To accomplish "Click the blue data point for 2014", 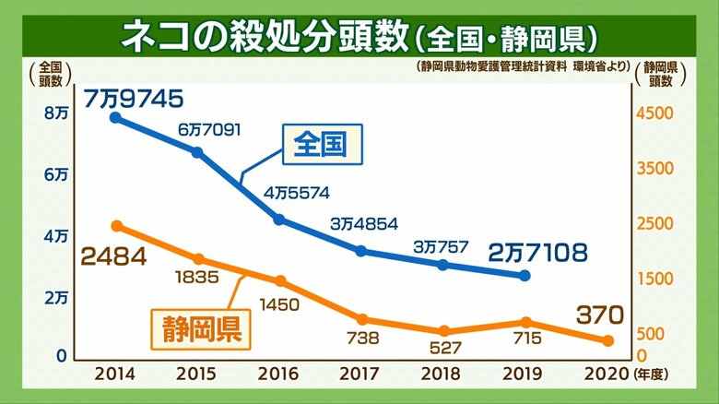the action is [116, 118].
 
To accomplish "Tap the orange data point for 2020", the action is [608, 340].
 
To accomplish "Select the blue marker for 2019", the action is [525, 276].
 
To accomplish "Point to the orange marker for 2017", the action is [362, 319].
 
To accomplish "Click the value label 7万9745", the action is [134, 99].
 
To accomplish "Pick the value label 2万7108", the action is [538, 253].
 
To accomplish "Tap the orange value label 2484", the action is [113, 256].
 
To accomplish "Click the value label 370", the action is [600, 315].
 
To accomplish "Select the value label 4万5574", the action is [297, 193].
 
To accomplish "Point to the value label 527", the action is [445, 348].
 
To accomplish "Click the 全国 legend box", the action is [323, 144].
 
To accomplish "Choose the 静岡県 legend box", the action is [201, 329].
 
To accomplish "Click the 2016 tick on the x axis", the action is [277, 374].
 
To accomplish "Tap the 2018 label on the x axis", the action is [442, 374].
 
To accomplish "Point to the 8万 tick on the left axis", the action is [56, 113].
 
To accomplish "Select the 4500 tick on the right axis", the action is [654, 113].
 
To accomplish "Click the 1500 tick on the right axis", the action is [654, 279].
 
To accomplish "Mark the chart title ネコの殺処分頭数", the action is [265, 36].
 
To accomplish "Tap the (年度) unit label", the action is [651, 374].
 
